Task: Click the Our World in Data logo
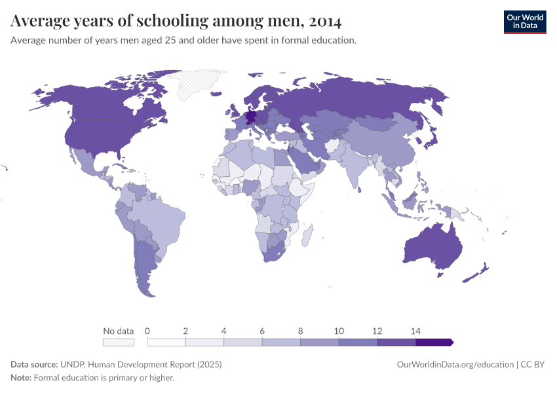coord(524,22)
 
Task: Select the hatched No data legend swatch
coord(118,342)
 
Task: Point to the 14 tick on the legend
coord(415,331)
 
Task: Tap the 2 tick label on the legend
coord(185,331)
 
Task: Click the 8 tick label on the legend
coord(301,331)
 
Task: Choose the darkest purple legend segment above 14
coord(433,342)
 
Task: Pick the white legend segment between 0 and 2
coord(166,342)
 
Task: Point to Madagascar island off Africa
coord(307,234)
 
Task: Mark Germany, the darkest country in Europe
coord(250,118)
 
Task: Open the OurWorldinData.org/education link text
coord(455,364)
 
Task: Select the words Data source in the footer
coord(34,364)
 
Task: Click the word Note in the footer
coord(20,377)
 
